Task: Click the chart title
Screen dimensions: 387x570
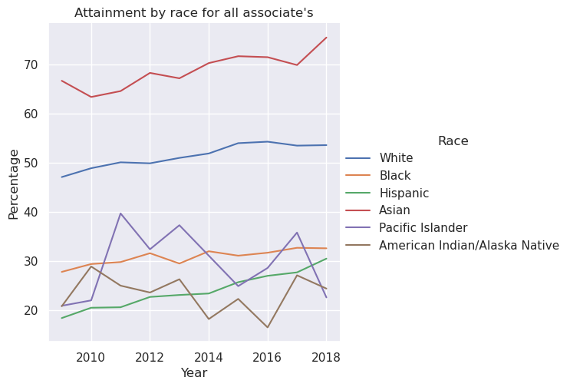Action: [x=193, y=12]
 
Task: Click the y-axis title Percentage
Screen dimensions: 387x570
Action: [x=14, y=184]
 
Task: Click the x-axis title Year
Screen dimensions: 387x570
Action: [x=193, y=373]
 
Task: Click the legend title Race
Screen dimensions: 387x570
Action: [x=453, y=141]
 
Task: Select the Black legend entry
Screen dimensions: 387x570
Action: [x=394, y=176]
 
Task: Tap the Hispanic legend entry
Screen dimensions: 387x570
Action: [x=403, y=193]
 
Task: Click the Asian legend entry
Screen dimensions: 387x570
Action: [x=394, y=210]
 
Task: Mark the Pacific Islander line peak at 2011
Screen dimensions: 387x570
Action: [x=120, y=213]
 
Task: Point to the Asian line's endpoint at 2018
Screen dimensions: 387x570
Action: [x=326, y=38]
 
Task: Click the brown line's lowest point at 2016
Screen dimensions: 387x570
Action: [x=268, y=327]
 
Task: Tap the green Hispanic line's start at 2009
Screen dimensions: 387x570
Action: [x=62, y=318]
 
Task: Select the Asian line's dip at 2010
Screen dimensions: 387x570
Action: [x=91, y=97]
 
